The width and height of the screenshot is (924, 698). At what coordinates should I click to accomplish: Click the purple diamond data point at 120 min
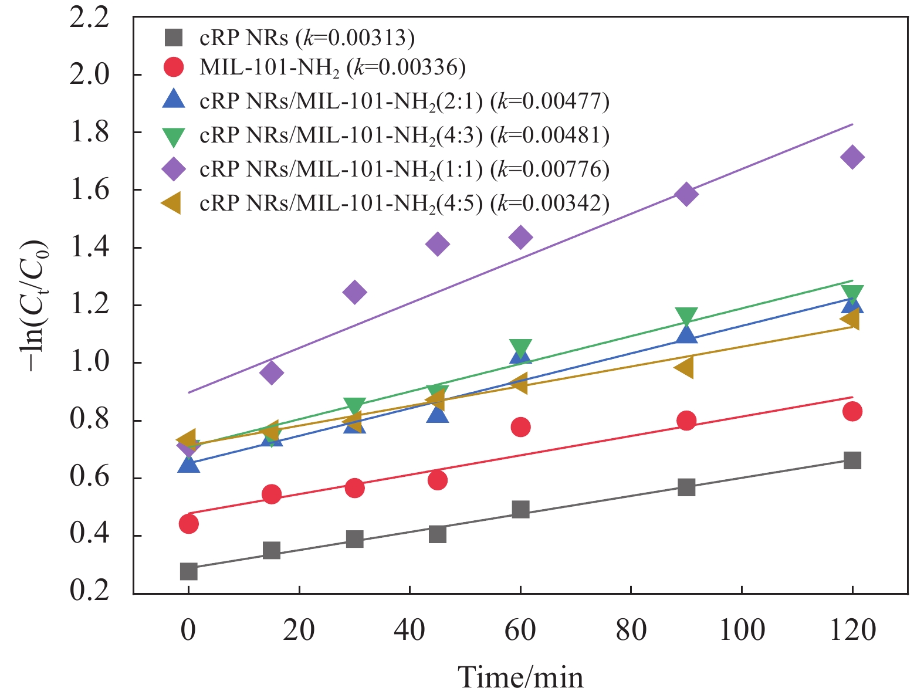[x=852, y=157]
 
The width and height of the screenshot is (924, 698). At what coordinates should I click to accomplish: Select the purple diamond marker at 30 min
[x=354, y=292]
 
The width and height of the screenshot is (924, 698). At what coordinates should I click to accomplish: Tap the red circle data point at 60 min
[x=520, y=427]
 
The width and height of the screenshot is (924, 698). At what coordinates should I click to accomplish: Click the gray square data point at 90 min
[x=686, y=487]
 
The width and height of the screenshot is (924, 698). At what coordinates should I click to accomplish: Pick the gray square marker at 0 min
[x=188, y=571]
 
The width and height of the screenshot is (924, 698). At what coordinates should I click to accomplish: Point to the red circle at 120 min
[x=852, y=412]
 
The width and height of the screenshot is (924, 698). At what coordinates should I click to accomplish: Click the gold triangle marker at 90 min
[x=684, y=368]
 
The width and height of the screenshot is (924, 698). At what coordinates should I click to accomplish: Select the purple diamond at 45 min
[x=438, y=244]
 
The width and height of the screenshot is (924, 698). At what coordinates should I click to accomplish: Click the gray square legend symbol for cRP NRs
[x=174, y=38]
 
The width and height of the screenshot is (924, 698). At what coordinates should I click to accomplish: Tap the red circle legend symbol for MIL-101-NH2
[x=174, y=67]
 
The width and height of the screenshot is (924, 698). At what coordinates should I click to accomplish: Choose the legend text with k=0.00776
[x=404, y=170]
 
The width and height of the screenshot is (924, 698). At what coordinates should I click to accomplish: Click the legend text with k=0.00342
[x=404, y=203]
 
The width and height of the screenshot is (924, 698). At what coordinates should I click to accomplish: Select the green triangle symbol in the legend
[x=174, y=137]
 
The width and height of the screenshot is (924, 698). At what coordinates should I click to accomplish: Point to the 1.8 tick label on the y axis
[x=90, y=133]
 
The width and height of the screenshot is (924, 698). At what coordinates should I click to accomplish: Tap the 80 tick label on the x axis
[x=631, y=631]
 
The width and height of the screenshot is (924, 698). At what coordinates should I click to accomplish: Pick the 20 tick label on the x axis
[x=299, y=631]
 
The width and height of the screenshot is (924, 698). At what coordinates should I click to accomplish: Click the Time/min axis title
[x=520, y=677]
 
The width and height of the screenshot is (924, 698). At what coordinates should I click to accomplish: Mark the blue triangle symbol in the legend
[x=174, y=100]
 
